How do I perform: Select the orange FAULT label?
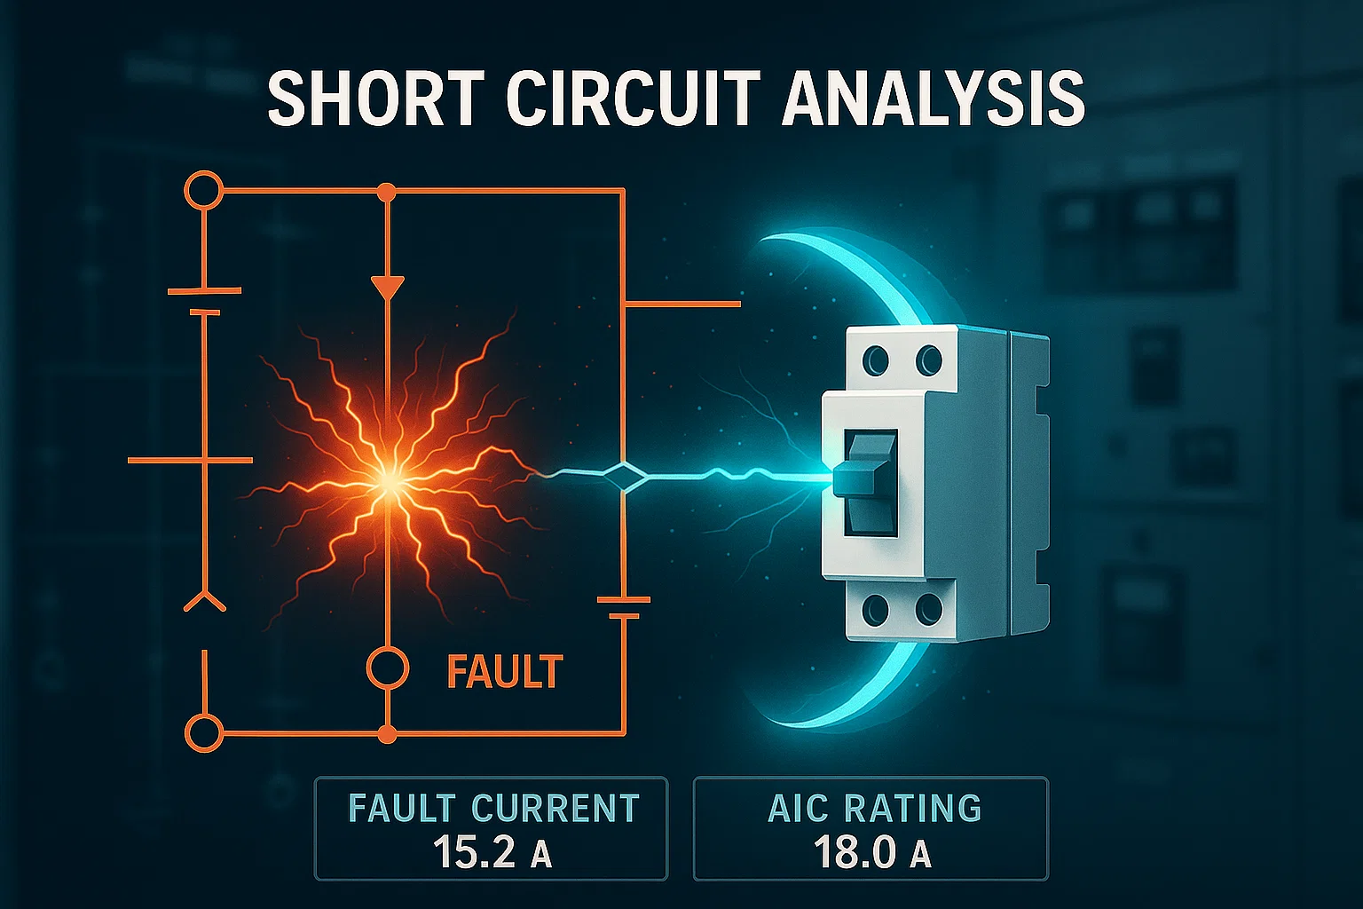504,672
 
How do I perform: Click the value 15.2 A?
491,852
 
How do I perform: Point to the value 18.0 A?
871,852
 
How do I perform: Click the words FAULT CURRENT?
493,808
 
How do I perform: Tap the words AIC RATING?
874,808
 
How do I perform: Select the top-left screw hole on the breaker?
875,360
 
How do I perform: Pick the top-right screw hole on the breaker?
928,360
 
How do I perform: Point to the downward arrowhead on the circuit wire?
388,288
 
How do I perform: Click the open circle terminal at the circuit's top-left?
203,191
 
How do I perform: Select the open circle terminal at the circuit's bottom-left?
203,734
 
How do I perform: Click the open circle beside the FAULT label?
388,668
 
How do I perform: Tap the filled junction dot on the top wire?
386,191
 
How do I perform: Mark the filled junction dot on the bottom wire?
387,734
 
